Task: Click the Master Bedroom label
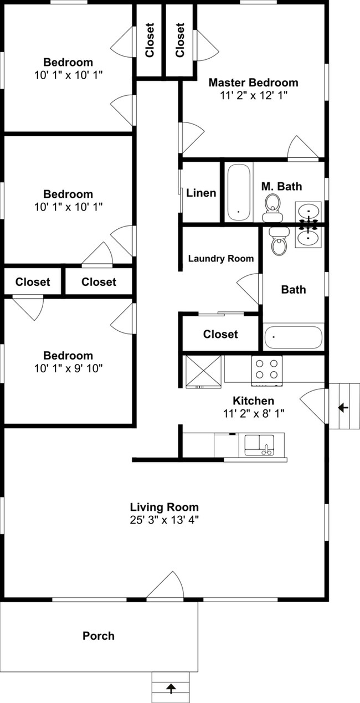click(x=253, y=83)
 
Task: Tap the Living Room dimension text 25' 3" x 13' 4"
click(x=164, y=520)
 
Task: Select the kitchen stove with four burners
click(x=266, y=370)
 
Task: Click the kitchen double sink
click(x=259, y=445)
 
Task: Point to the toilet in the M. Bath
click(x=272, y=208)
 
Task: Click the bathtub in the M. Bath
click(x=239, y=192)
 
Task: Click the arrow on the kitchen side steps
click(x=343, y=408)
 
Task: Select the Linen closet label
click(x=201, y=193)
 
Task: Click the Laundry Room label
click(x=221, y=259)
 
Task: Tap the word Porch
click(x=99, y=635)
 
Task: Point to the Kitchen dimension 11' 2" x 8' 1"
click(x=254, y=414)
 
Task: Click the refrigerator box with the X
click(x=204, y=372)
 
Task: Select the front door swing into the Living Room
click(x=166, y=585)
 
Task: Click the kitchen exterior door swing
click(x=312, y=406)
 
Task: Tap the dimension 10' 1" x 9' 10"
click(x=69, y=368)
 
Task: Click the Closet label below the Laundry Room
click(x=220, y=334)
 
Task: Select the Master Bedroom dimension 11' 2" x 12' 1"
click(x=254, y=95)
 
